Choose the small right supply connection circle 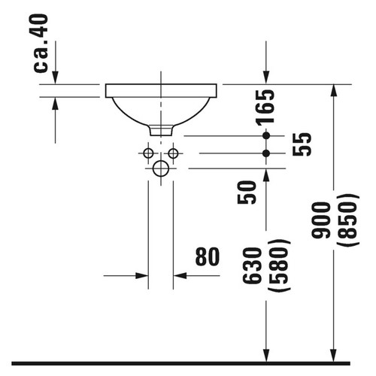[173, 153]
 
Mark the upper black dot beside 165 [265, 135]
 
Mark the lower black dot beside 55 [265, 153]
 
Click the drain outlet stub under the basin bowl [160, 130]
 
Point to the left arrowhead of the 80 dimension [143, 276]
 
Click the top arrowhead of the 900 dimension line [334, 90]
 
